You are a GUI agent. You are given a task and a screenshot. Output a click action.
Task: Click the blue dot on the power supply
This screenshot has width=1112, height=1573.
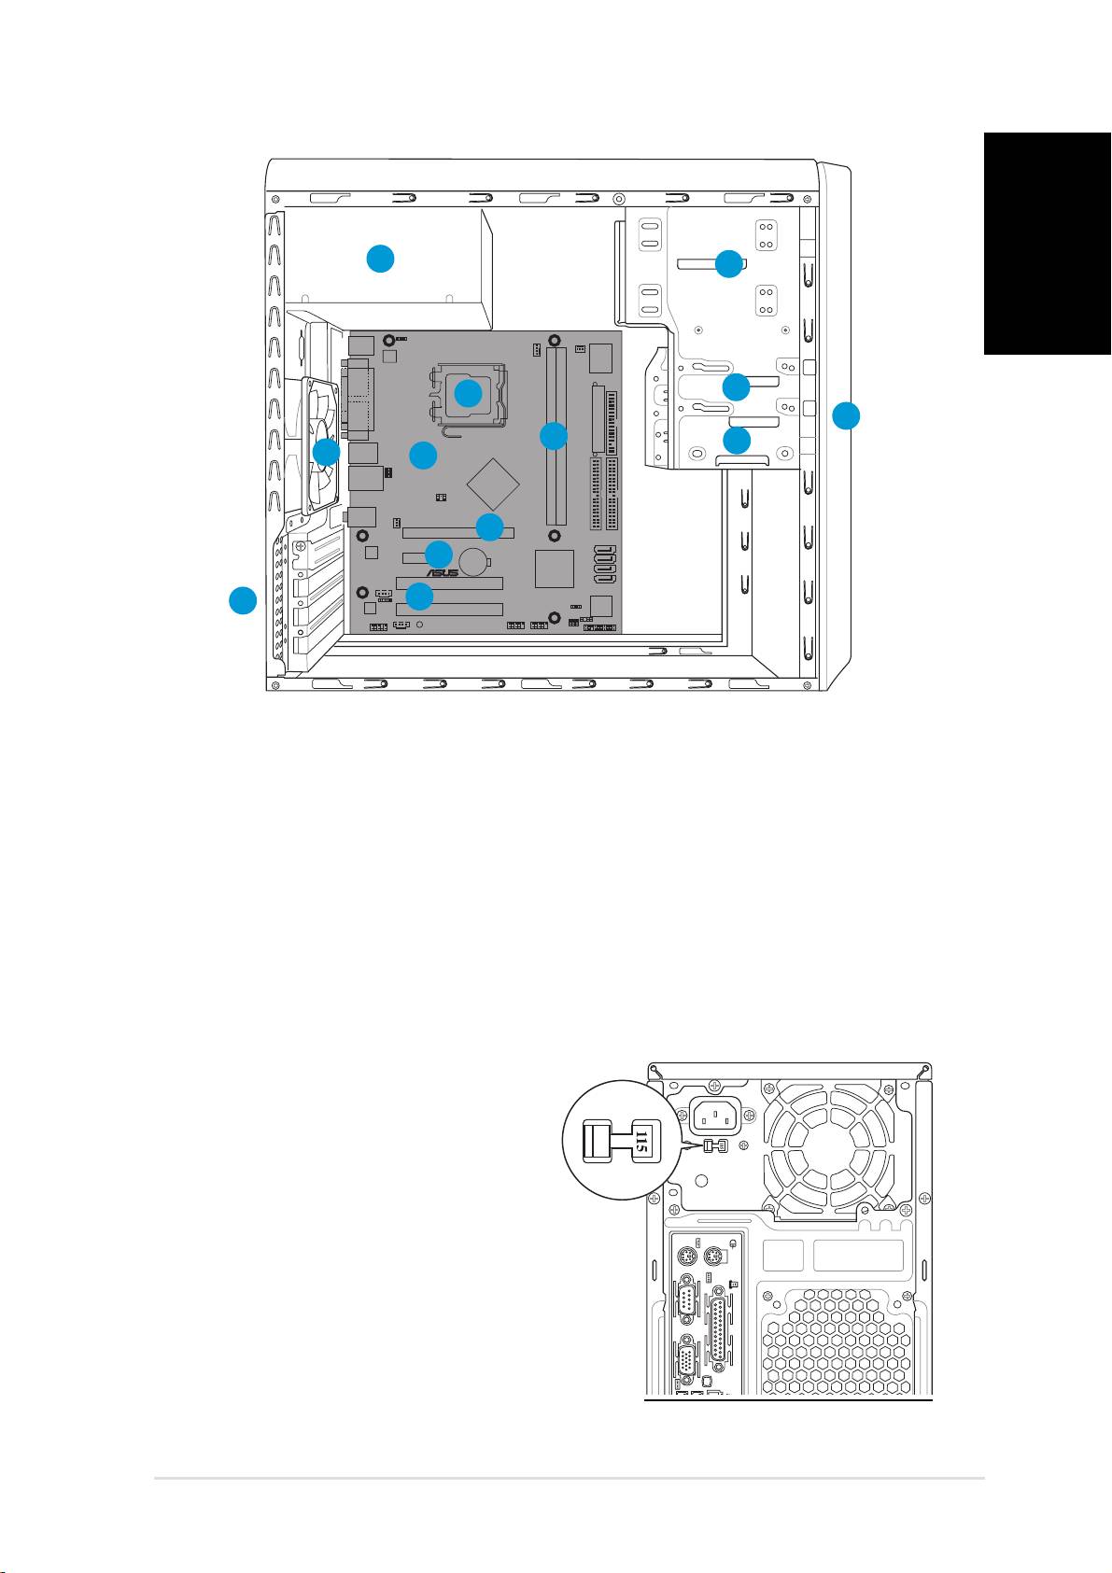coord(380,259)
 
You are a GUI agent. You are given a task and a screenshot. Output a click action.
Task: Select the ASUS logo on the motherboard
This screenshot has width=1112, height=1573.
coord(443,572)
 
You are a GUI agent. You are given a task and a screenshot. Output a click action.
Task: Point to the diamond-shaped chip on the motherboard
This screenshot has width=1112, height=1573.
coord(493,483)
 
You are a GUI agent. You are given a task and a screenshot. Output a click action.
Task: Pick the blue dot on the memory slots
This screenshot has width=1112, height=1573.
coord(554,435)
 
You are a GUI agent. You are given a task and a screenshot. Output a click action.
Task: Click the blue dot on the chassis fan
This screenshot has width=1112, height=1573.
coord(326,453)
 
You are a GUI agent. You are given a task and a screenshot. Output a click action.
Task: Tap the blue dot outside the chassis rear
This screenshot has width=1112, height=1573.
coord(243,600)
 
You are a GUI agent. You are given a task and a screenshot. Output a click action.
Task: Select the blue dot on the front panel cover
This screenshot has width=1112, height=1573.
coord(846,415)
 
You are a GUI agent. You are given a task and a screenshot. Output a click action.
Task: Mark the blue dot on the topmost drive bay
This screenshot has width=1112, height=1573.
coord(728,263)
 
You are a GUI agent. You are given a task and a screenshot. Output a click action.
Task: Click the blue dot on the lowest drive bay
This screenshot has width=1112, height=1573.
coord(736,440)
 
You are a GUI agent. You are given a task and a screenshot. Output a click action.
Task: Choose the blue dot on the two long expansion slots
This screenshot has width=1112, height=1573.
coord(419,596)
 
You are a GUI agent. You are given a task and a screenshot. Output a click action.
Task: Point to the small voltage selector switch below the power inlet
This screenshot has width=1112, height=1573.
coord(714,1145)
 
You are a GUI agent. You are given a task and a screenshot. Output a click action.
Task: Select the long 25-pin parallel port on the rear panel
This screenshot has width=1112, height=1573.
coord(721,1329)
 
